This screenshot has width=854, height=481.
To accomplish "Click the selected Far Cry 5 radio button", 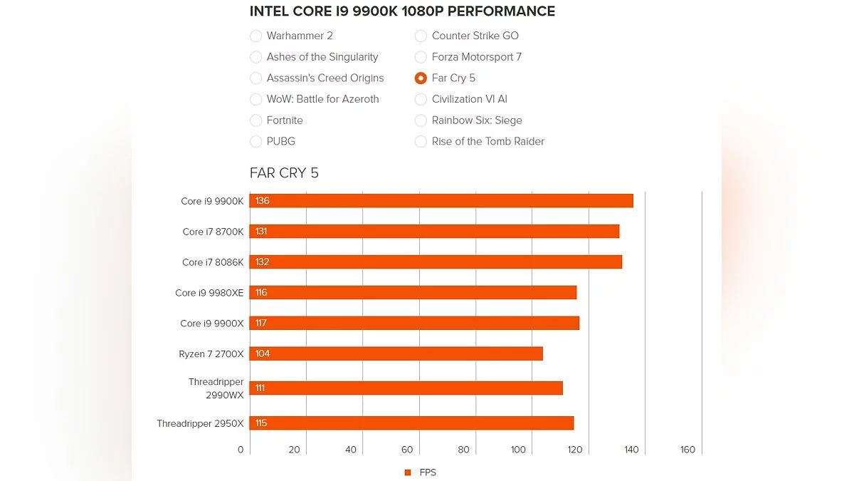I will tap(421, 78).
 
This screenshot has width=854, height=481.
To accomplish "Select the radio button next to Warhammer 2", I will tap(256, 36).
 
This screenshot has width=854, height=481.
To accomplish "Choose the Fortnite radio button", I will tap(256, 120).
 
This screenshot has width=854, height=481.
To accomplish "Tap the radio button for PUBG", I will tap(256, 141).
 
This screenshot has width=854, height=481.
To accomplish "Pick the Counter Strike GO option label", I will tap(475, 36).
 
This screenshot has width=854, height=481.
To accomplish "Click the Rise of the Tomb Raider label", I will tap(487, 141).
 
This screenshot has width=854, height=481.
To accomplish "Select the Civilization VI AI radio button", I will tap(421, 99).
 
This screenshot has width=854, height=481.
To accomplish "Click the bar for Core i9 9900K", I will tap(441, 201).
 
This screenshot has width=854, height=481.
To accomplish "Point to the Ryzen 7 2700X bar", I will tap(396, 353).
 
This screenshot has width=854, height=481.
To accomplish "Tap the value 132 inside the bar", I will tap(263, 262).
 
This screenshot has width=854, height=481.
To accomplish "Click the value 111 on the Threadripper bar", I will tap(260, 388).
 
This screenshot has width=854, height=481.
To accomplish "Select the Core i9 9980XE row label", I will tap(209, 293).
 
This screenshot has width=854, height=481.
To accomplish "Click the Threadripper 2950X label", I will tap(200, 423).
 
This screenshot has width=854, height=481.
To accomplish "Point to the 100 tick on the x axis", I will tap(518, 450).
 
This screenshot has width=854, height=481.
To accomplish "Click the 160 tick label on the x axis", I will tap(687, 450).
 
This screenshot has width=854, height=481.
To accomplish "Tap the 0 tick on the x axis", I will tap(241, 450).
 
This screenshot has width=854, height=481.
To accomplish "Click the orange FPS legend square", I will tap(408, 472).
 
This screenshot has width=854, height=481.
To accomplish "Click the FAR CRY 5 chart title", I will tap(284, 173).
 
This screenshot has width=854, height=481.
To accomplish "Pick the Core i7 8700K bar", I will tap(434, 232).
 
